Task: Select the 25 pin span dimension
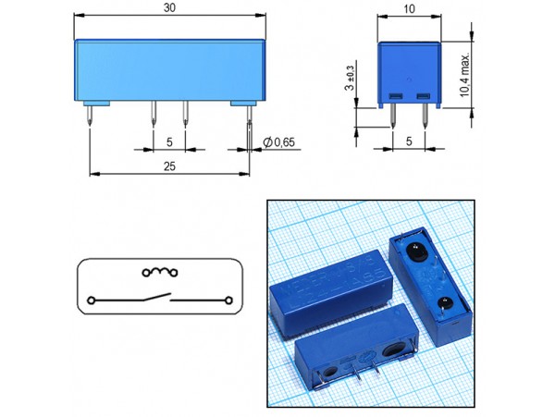point(167,166)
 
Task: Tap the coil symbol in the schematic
point(158,272)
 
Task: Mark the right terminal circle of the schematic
point(222,300)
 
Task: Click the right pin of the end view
point(425,115)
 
